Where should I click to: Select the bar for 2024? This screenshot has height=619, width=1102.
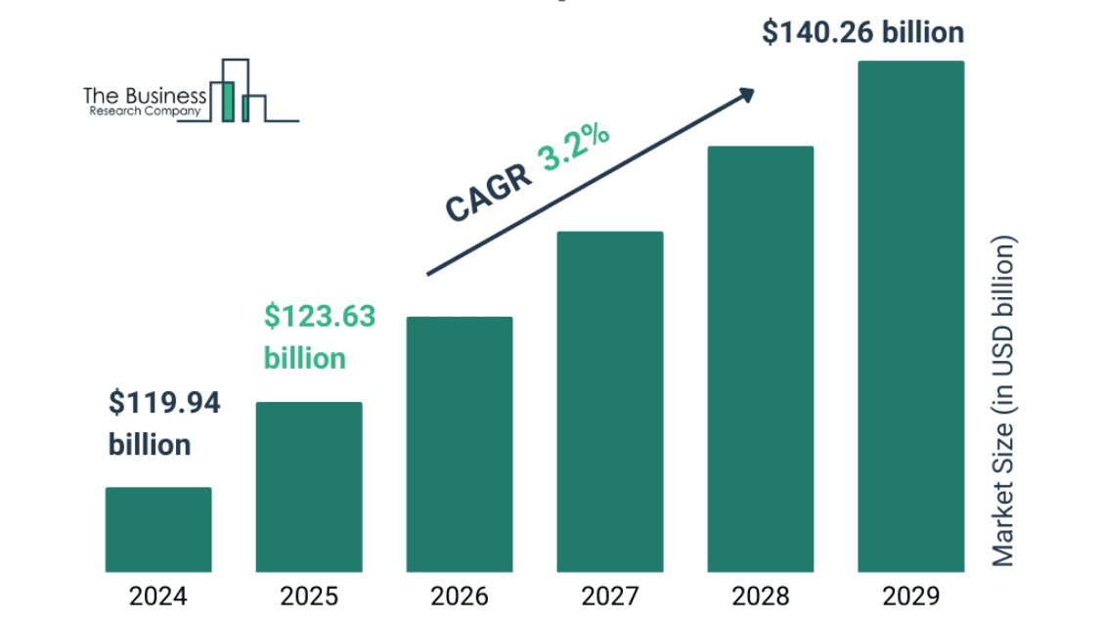pyautogui.click(x=158, y=529)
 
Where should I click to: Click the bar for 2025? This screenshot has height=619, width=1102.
pyautogui.click(x=309, y=487)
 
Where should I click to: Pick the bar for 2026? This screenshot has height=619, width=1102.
pyautogui.click(x=460, y=444)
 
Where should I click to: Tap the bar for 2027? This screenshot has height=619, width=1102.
pyautogui.click(x=610, y=401)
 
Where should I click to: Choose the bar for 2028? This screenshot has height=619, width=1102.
pyautogui.click(x=761, y=359)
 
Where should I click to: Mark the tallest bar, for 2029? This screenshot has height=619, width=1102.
pyautogui.click(x=911, y=316)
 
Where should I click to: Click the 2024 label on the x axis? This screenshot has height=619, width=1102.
pyautogui.click(x=158, y=596)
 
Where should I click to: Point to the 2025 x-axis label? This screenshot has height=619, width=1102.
pyautogui.click(x=309, y=596)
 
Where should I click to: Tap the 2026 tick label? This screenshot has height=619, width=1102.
pyautogui.click(x=460, y=596)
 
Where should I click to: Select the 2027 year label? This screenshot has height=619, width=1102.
pyautogui.click(x=610, y=596)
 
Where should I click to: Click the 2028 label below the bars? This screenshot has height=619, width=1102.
pyautogui.click(x=761, y=596)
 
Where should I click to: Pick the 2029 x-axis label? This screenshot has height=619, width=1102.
pyautogui.click(x=911, y=596)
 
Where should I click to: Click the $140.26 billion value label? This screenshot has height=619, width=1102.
pyautogui.click(x=862, y=33)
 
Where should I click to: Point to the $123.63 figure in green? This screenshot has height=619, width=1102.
pyautogui.click(x=320, y=317)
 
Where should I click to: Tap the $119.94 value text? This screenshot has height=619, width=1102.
pyautogui.click(x=164, y=403)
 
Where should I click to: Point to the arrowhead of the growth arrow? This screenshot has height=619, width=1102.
pyautogui.click(x=746, y=94)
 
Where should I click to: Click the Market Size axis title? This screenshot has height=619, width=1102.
pyautogui.click(x=1004, y=401)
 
